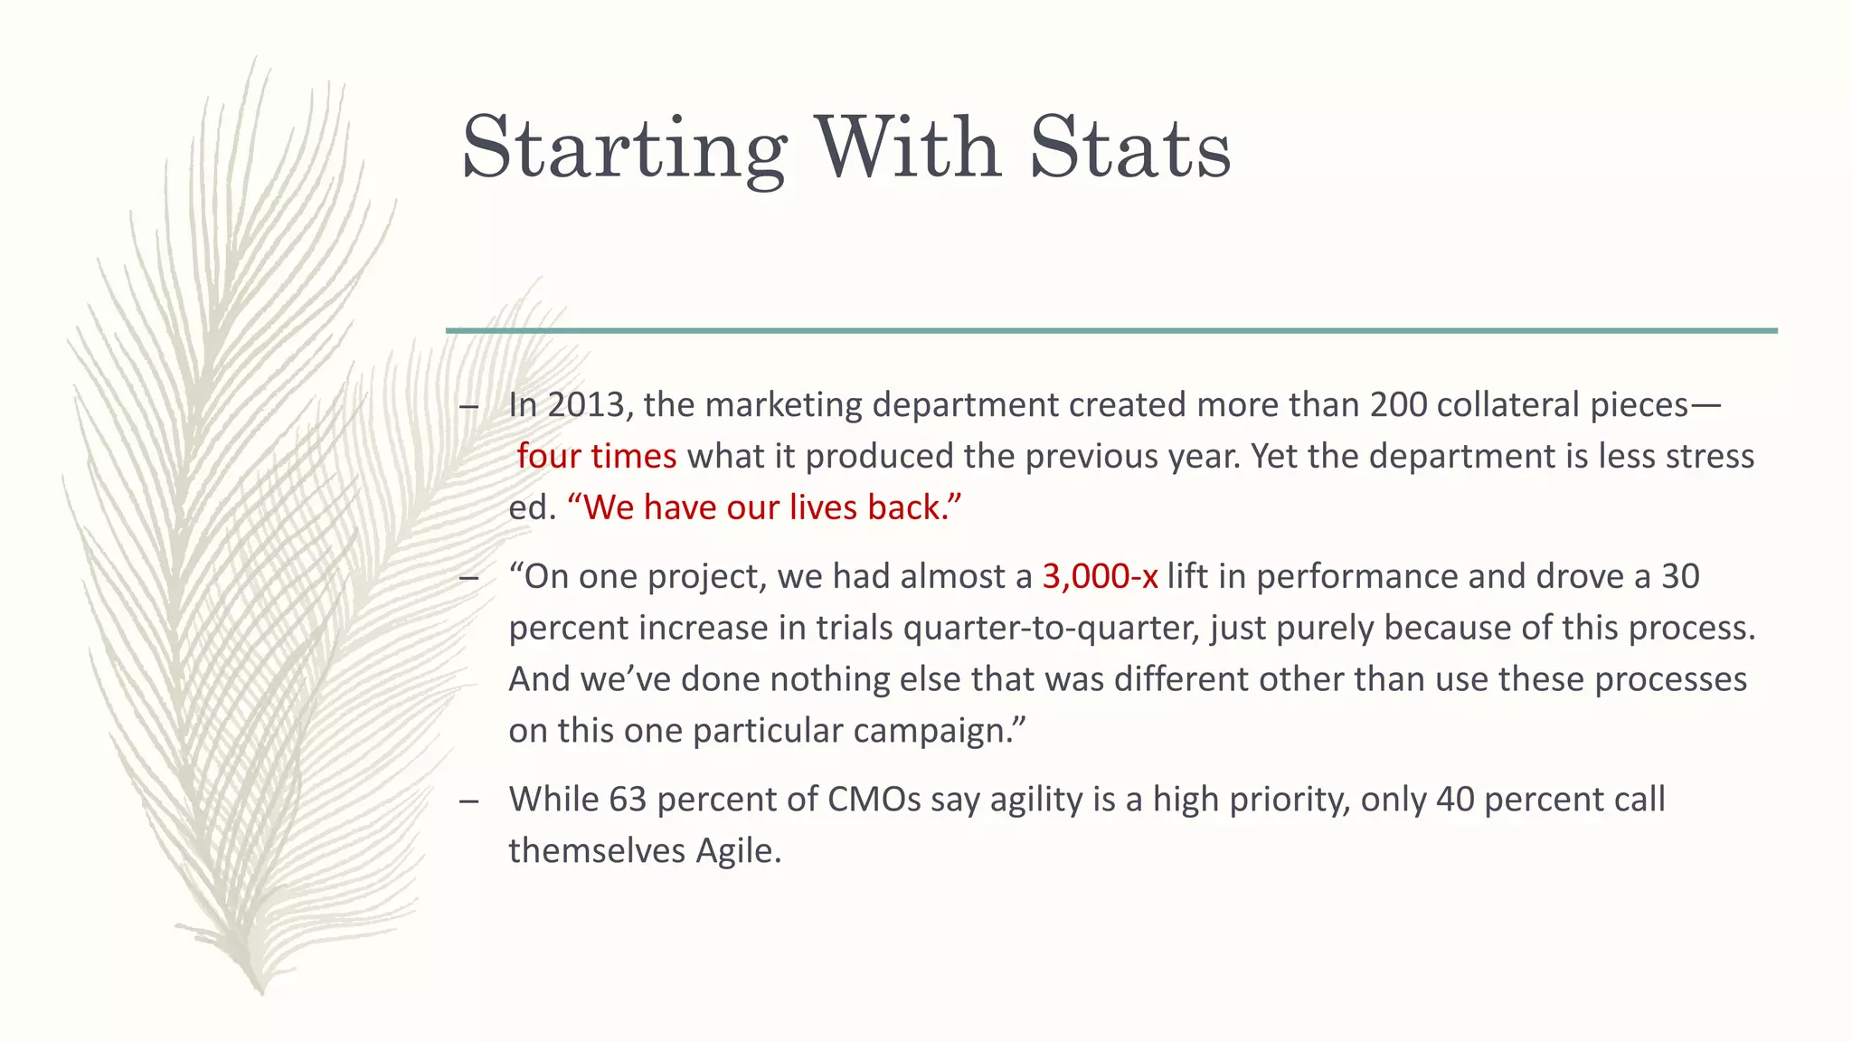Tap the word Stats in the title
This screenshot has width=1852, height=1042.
(x=1129, y=147)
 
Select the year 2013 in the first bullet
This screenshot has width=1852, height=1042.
(x=586, y=404)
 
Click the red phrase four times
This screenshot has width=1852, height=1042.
(x=596, y=456)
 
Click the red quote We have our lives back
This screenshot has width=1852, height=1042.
(x=764, y=507)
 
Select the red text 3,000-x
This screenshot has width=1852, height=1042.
(x=1100, y=576)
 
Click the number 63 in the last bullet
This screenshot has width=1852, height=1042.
(x=628, y=800)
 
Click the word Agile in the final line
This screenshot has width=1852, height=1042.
(x=737, y=851)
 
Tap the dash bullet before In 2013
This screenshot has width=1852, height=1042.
(x=468, y=406)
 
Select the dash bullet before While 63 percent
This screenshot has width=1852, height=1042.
(x=468, y=801)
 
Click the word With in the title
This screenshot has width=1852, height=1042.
(x=908, y=147)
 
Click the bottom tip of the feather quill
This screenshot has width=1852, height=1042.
(x=260, y=991)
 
